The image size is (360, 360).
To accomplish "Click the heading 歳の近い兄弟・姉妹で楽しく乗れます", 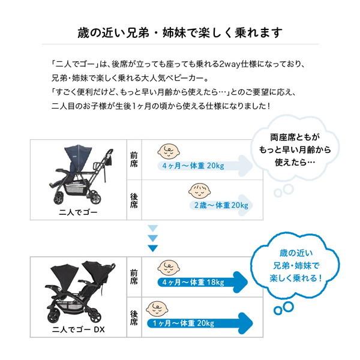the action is pos(180,32).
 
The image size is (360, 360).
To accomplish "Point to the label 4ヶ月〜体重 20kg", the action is pos(193,166).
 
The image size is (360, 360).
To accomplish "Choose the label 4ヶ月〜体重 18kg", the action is pos(193,282).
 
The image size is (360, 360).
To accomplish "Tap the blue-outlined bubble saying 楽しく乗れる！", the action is pos(293,265).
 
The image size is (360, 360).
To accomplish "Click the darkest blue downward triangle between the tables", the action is pos(153,248).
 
